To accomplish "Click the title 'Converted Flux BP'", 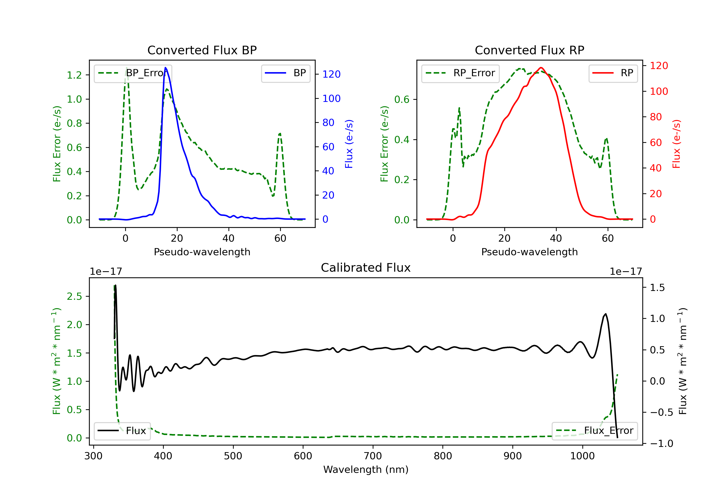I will [202, 50].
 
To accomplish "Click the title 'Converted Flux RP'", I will [529, 50].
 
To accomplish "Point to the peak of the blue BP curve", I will [165, 68].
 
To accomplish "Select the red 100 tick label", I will [659, 91].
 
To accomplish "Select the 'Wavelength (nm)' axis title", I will [366, 470].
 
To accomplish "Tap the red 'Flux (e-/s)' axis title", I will [676, 144].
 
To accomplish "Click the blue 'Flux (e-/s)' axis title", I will [349, 144].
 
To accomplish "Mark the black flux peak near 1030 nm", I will [605, 314].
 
